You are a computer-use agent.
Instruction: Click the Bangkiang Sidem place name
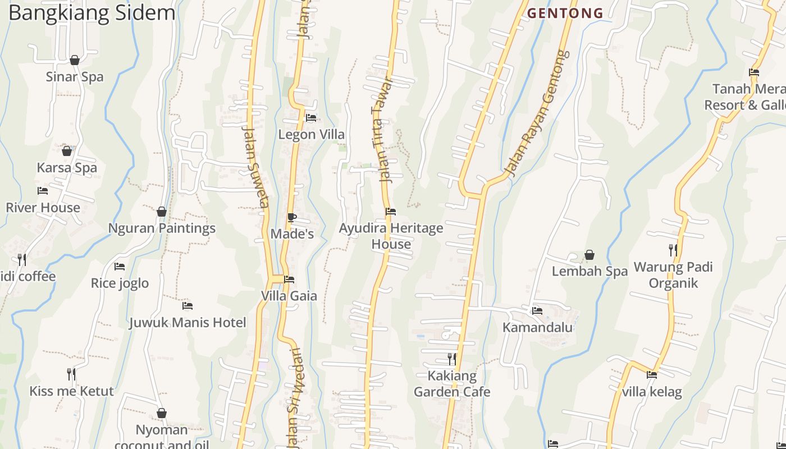pyautogui.click(x=92, y=13)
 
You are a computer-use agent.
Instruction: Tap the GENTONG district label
pyautogui.click(x=565, y=13)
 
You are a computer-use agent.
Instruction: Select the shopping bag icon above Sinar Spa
pyautogui.click(x=75, y=60)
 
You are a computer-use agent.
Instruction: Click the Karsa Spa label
pyautogui.click(x=67, y=167)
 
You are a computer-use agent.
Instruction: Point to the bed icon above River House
pyautogui.click(x=43, y=191)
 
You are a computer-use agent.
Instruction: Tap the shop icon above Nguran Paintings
pyautogui.click(x=162, y=212)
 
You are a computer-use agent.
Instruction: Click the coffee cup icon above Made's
pyautogui.click(x=291, y=217)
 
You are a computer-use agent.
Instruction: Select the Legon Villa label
pyautogui.click(x=312, y=135)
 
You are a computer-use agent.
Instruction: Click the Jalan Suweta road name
pyautogui.click(x=255, y=166)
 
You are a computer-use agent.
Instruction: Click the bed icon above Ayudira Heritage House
pyautogui.click(x=391, y=212)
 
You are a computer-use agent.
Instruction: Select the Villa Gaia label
pyautogui.click(x=289, y=296)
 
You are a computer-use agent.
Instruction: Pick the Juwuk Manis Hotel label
pyautogui.click(x=188, y=323)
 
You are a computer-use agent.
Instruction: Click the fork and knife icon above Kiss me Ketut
pyautogui.click(x=71, y=374)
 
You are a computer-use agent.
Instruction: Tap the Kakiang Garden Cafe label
pyautogui.click(x=452, y=384)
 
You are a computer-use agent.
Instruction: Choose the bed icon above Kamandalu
pyautogui.click(x=537, y=310)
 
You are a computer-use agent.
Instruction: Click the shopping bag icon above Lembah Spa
pyautogui.click(x=589, y=255)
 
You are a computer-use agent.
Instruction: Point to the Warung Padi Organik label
pyautogui.click(x=673, y=274)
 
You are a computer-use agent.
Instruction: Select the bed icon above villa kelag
pyautogui.click(x=652, y=374)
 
